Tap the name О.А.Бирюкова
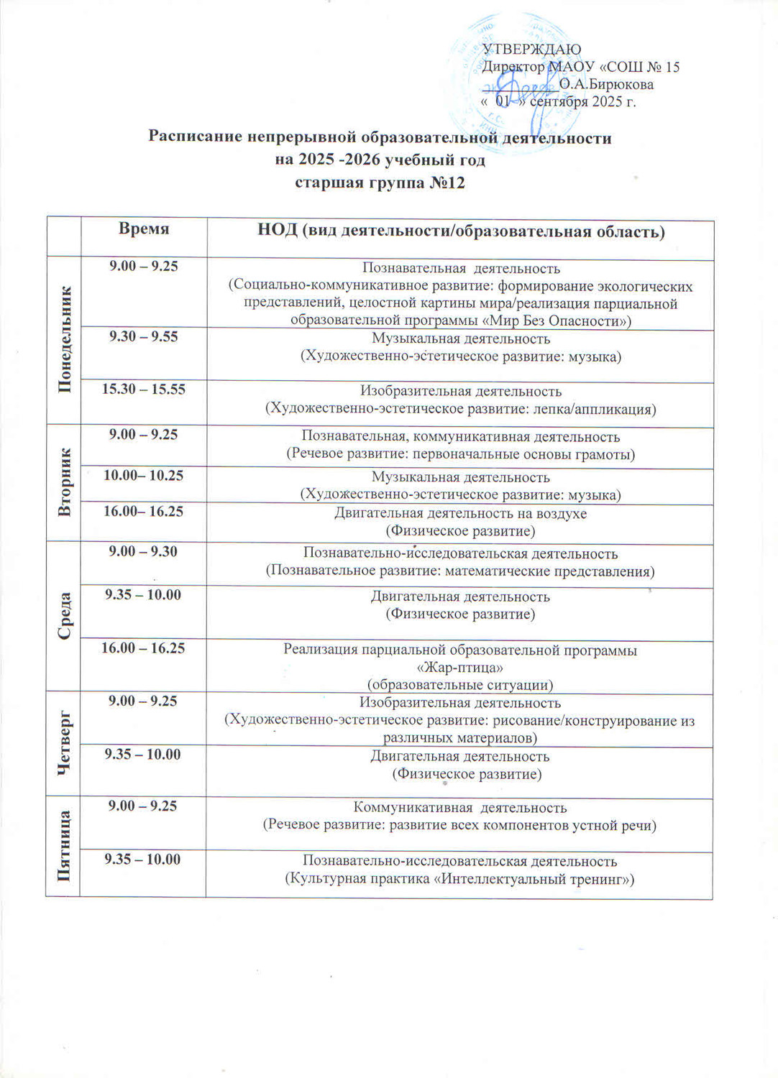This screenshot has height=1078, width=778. (606, 85)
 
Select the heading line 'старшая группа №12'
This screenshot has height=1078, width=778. (380, 183)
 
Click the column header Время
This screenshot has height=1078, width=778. (144, 229)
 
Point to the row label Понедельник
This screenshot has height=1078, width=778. (64, 339)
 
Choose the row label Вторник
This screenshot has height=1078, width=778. (64, 482)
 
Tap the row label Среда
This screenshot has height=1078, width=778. (64, 616)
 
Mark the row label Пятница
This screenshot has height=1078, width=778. (64, 845)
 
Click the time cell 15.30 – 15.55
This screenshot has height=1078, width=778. (144, 390)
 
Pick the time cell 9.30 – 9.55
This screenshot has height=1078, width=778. (144, 337)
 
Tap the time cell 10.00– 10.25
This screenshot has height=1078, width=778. (144, 476)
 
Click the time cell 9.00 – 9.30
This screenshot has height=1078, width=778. (144, 552)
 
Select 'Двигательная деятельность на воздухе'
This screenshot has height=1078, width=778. (460, 514)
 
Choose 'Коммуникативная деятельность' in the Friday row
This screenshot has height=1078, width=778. (460, 808)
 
